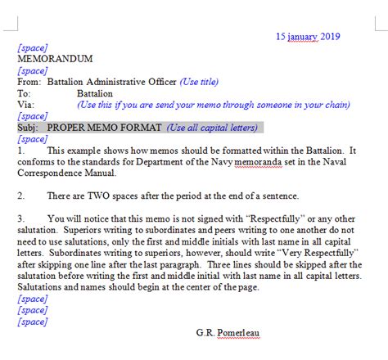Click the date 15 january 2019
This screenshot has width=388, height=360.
pyautogui.click(x=307, y=36)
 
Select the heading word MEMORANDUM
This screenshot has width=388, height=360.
pyautogui.click(x=55, y=59)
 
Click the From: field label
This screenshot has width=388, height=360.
pyautogui.click(x=28, y=82)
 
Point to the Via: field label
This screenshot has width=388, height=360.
pyautogui.click(x=25, y=105)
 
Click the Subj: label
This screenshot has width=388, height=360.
pyautogui.click(x=28, y=128)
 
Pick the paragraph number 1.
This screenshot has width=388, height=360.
pyautogui.click(x=20, y=151)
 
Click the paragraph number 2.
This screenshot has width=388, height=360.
pyautogui.click(x=20, y=196)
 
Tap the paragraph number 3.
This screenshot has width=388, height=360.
pyautogui.click(x=20, y=219)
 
